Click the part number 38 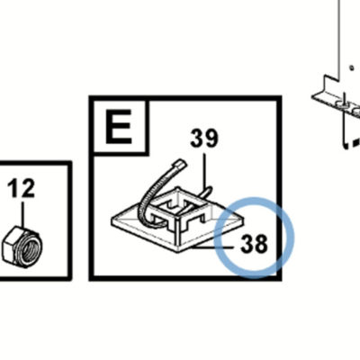(x=254, y=243)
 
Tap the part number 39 (x=204, y=138)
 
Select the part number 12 (x=21, y=188)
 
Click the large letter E (x=119, y=127)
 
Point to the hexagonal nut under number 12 (x=22, y=246)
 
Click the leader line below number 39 (x=204, y=172)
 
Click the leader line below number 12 (x=22, y=214)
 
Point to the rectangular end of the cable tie (x=179, y=164)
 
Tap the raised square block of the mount (x=178, y=207)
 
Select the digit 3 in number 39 (x=197, y=138)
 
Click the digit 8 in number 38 (x=261, y=243)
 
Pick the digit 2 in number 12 (x=28, y=188)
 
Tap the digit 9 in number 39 (x=211, y=138)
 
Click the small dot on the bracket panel (x=352, y=68)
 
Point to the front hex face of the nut (x=12, y=248)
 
